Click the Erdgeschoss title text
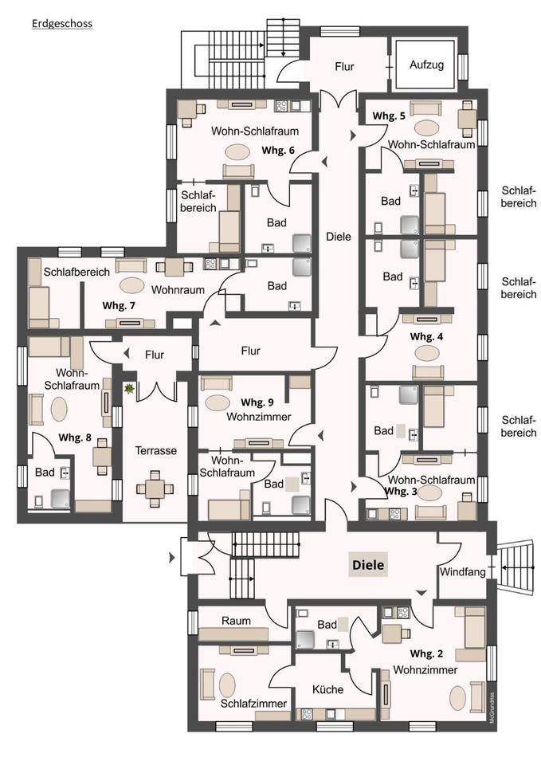tap(62, 24)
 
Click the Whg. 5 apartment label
tap(389, 116)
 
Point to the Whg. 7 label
tap(119, 305)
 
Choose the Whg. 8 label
tap(76, 437)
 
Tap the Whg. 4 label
tap(426, 336)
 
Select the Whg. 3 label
tap(401, 492)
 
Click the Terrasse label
tap(155, 451)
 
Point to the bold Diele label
tap(368, 566)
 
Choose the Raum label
tap(236, 621)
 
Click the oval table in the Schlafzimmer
tap(227, 685)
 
